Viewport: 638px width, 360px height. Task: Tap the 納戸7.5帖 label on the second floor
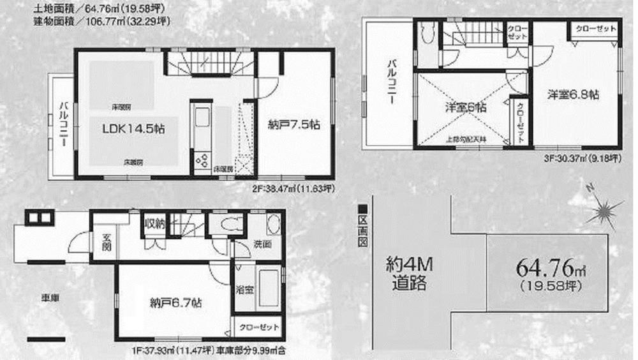pos(293,126)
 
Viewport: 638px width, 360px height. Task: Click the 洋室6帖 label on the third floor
pos(465,108)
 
